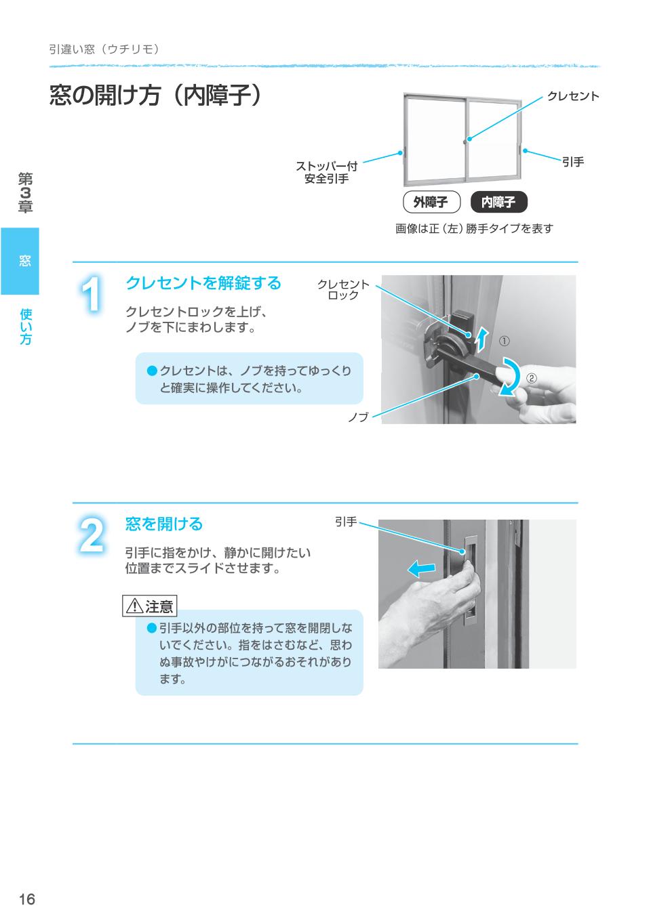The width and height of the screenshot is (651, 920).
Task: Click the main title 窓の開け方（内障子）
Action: tap(155, 96)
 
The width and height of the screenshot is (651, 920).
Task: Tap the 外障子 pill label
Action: tap(431, 202)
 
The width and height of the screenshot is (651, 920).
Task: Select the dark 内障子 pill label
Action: tap(498, 202)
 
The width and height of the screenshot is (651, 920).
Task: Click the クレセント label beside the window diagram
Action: tap(573, 96)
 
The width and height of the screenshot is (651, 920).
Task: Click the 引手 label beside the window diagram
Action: tap(573, 162)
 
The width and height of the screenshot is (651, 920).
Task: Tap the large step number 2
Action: tap(92, 536)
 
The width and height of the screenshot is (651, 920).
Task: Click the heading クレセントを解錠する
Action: tap(203, 283)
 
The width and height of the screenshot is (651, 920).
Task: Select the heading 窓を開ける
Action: tap(164, 524)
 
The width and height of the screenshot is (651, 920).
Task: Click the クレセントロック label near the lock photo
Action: tap(343, 290)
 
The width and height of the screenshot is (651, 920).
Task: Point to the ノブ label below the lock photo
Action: tap(358, 417)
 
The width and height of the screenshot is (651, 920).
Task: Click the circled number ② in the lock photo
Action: tap(532, 377)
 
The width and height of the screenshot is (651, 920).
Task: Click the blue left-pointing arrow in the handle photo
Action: tap(422, 569)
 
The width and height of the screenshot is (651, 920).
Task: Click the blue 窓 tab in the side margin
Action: tap(20, 261)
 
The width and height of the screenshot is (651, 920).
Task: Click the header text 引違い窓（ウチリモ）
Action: tap(104, 49)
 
